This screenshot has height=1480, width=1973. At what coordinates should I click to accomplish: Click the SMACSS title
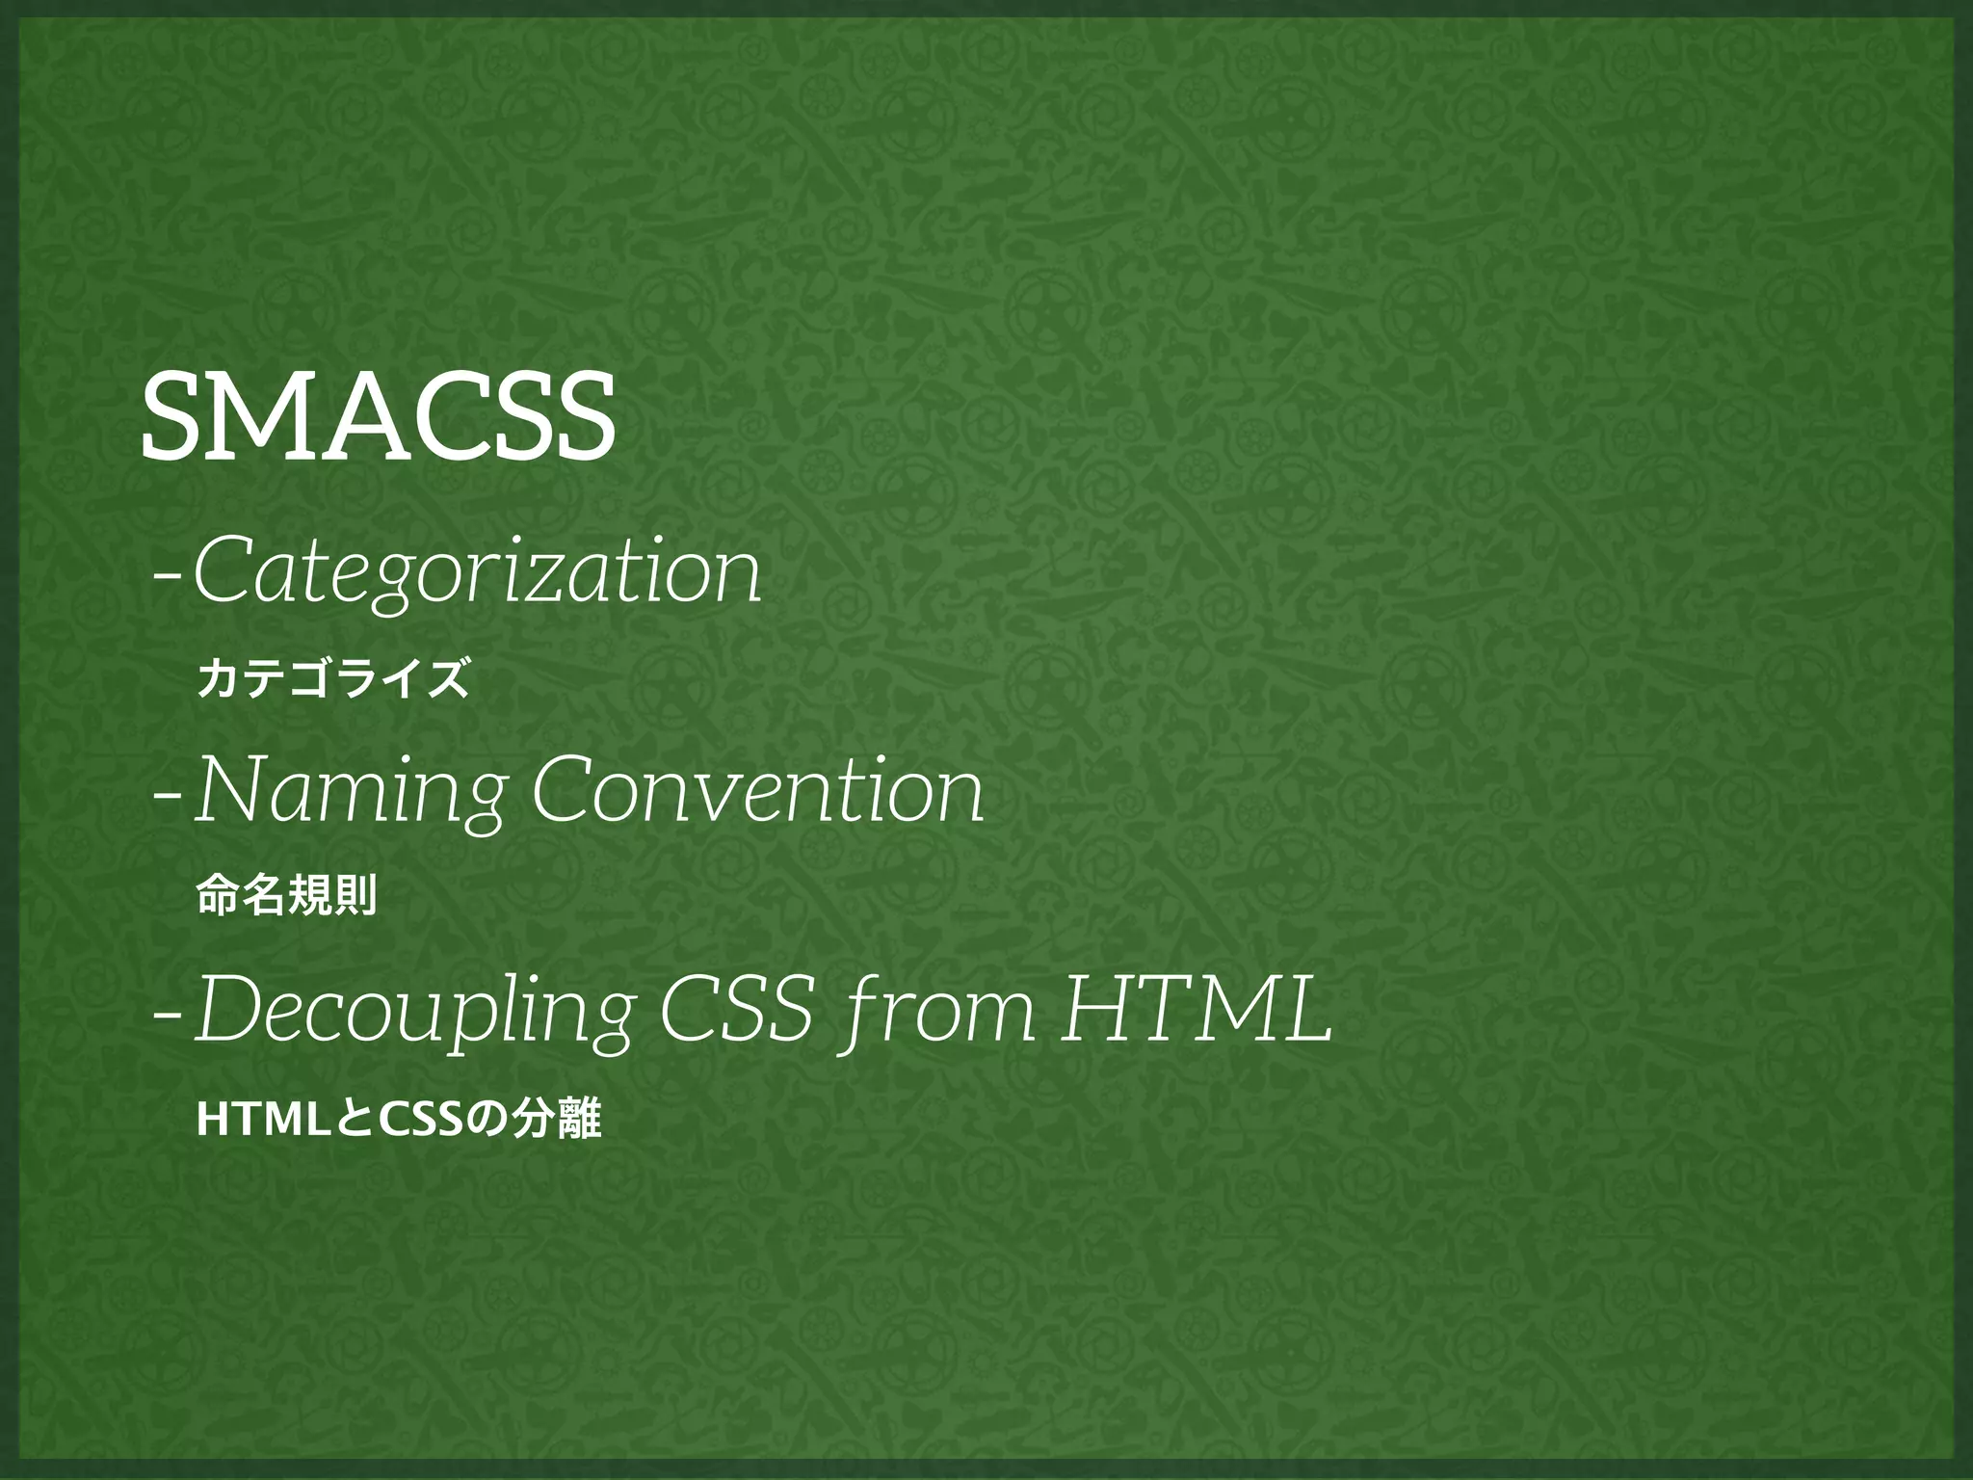tap(378, 416)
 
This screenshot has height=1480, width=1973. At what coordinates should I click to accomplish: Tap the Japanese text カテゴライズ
tap(333, 677)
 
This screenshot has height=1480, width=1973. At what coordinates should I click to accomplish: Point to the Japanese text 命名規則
tap(286, 896)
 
